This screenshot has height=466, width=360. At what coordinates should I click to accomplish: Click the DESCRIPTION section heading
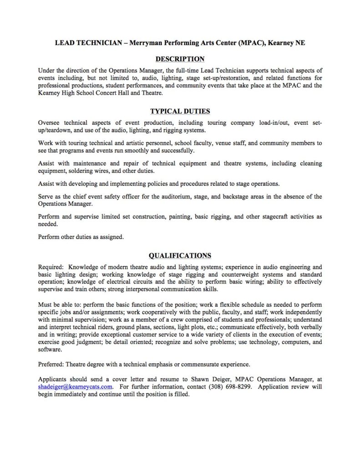tap(180, 59)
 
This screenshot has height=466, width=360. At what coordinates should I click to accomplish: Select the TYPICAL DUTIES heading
tap(180, 111)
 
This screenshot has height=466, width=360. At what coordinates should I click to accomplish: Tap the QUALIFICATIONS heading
tap(180, 255)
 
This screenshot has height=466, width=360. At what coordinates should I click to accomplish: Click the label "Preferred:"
tap(51, 364)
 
